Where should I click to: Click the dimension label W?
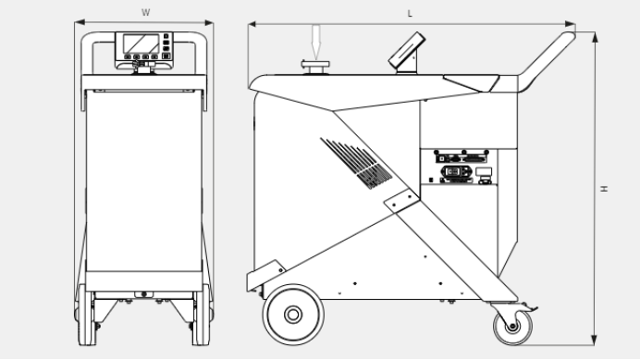[x=146, y=13]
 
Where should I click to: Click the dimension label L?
[x=410, y=14]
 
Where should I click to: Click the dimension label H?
[x=604, y=189]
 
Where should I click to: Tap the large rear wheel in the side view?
[x=293, y=315]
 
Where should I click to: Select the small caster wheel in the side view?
[x=512, y=327]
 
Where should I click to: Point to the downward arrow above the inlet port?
[x=316, y=42]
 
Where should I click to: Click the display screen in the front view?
[x=141, y=43]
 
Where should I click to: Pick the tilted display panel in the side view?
[x=407, y=51]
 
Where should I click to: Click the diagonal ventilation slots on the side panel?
[x=356, y=163]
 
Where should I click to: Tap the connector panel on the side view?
[x=462, y=168]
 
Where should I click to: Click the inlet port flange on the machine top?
[x=315, y=67]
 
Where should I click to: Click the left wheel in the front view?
[x=87, y=315]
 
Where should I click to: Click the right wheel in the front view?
[x=202, y=315]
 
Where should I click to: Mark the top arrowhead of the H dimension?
[x=595, y=37]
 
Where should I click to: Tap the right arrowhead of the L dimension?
[x=571, y=24]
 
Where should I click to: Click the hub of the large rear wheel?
[x=293, y=315]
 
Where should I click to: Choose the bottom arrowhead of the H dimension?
[x=595, y=340]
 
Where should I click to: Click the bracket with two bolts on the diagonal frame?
[x=401, y=201]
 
